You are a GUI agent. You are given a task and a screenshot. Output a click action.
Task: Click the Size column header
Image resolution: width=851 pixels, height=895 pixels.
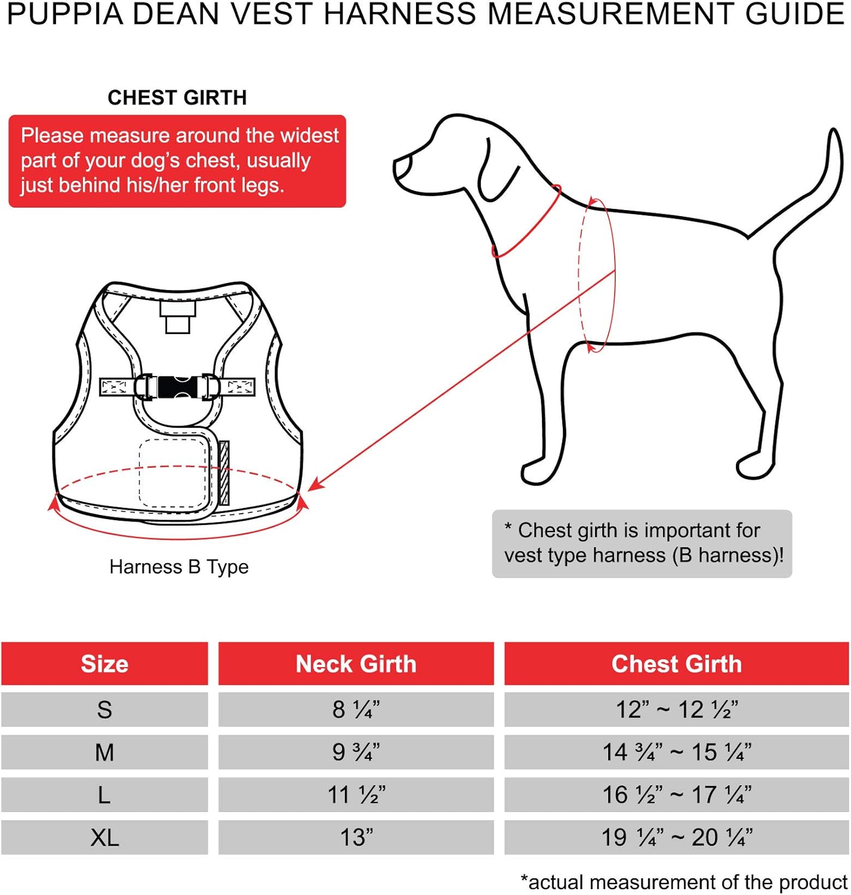[x=104, y=663]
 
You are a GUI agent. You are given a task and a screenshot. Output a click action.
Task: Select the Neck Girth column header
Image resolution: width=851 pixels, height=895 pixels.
[x=356, y=663]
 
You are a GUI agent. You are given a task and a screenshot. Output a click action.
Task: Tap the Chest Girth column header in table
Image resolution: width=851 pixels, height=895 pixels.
[x=676, y=663]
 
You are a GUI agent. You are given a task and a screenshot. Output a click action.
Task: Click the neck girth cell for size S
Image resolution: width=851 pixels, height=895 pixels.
[x=356, y=709]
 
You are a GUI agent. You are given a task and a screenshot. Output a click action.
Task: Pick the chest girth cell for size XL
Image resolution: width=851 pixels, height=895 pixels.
[x=676, y=837]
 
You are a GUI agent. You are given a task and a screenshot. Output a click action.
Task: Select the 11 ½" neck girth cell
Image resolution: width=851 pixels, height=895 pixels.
[x=356, y=795]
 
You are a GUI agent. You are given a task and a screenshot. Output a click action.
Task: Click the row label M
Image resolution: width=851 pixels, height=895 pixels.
[x=104, y=752]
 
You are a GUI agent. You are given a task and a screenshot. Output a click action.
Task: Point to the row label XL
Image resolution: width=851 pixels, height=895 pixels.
[x=104, y=837]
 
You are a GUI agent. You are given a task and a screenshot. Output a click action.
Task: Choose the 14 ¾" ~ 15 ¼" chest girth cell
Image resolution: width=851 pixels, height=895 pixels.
[x=676, y=752]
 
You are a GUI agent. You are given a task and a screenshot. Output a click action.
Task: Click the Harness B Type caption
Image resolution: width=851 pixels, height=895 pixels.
[x=179, y=567]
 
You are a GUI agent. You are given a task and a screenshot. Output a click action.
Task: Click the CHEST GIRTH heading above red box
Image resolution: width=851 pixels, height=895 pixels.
[x=177, y=97]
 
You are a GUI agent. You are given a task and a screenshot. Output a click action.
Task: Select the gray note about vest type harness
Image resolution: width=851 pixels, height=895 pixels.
[x=642, y=543]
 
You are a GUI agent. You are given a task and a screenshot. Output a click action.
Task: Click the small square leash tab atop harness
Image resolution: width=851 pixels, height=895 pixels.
[x=177, y=316]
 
